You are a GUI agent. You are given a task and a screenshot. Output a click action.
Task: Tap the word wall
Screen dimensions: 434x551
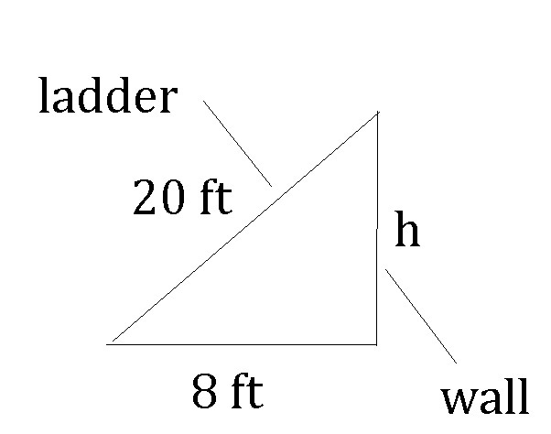485,399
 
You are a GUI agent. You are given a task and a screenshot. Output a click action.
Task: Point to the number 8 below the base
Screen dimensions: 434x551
204,394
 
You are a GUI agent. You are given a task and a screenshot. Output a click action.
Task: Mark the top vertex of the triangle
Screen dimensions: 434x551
377,114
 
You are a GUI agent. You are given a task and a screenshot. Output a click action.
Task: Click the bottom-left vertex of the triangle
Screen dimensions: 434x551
109,344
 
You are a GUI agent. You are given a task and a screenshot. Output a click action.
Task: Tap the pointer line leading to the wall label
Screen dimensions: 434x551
421,316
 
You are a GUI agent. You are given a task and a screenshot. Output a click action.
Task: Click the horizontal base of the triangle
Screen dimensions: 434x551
243,344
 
